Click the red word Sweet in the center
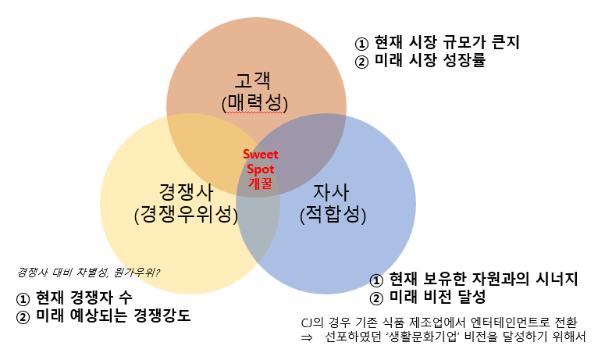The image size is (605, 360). click(x=260, y=155)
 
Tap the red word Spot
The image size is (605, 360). click(x=260, y=169)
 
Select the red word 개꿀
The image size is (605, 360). click(x=260, y=184)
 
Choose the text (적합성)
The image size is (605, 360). click(x=333, y=213)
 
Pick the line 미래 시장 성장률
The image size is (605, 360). click(x=421, y=61)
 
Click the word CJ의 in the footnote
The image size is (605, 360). click(x=313, y=323)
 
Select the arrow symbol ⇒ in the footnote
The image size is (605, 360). click(x=306, y=337)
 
